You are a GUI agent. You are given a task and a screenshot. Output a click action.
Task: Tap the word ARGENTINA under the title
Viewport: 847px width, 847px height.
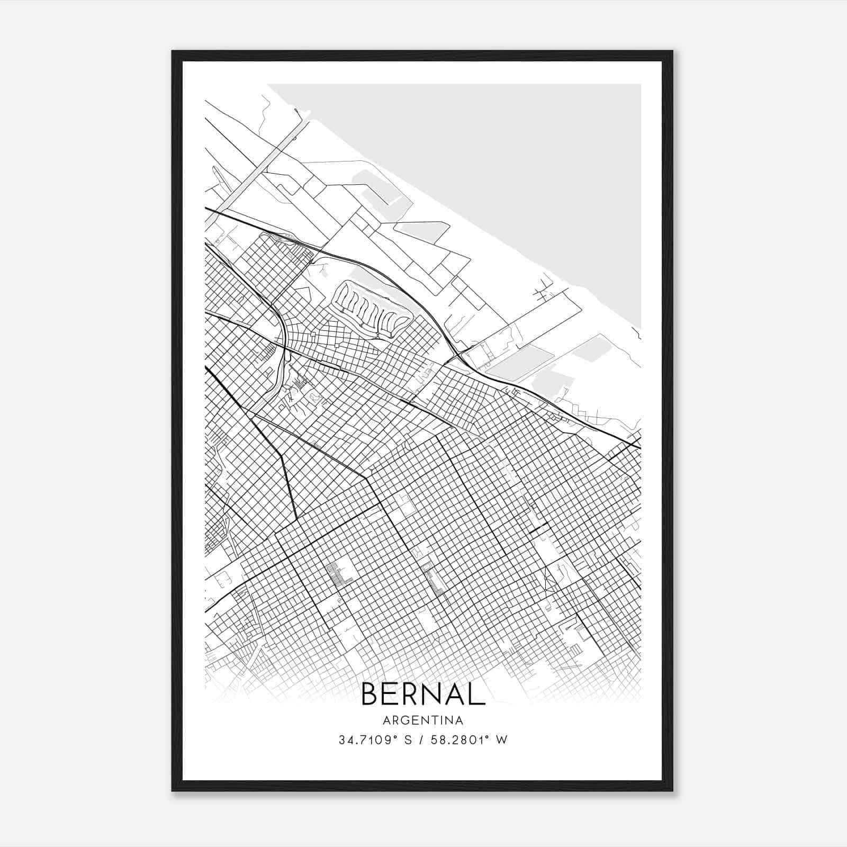coord(423,720)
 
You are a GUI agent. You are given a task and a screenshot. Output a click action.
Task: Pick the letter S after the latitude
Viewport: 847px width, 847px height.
coord(408,740)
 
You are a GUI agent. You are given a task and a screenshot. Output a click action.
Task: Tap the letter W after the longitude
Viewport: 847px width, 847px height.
coord(501,740)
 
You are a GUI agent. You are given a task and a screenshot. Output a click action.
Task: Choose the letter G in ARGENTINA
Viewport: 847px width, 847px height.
coord(402,720)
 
